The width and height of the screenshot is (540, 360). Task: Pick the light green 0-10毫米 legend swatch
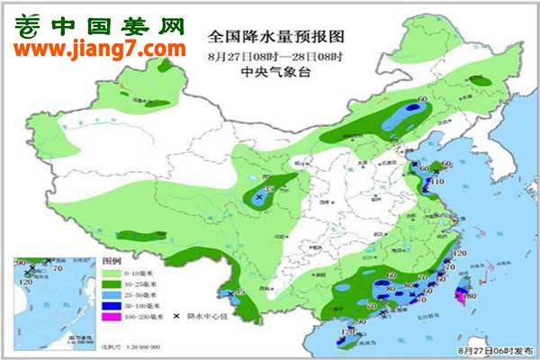click(112, 273)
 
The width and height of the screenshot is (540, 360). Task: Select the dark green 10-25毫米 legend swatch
click(112, 284)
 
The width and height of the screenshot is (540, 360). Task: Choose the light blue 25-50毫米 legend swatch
click(112, 295)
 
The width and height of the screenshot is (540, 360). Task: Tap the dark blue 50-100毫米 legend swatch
click(112, 307)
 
